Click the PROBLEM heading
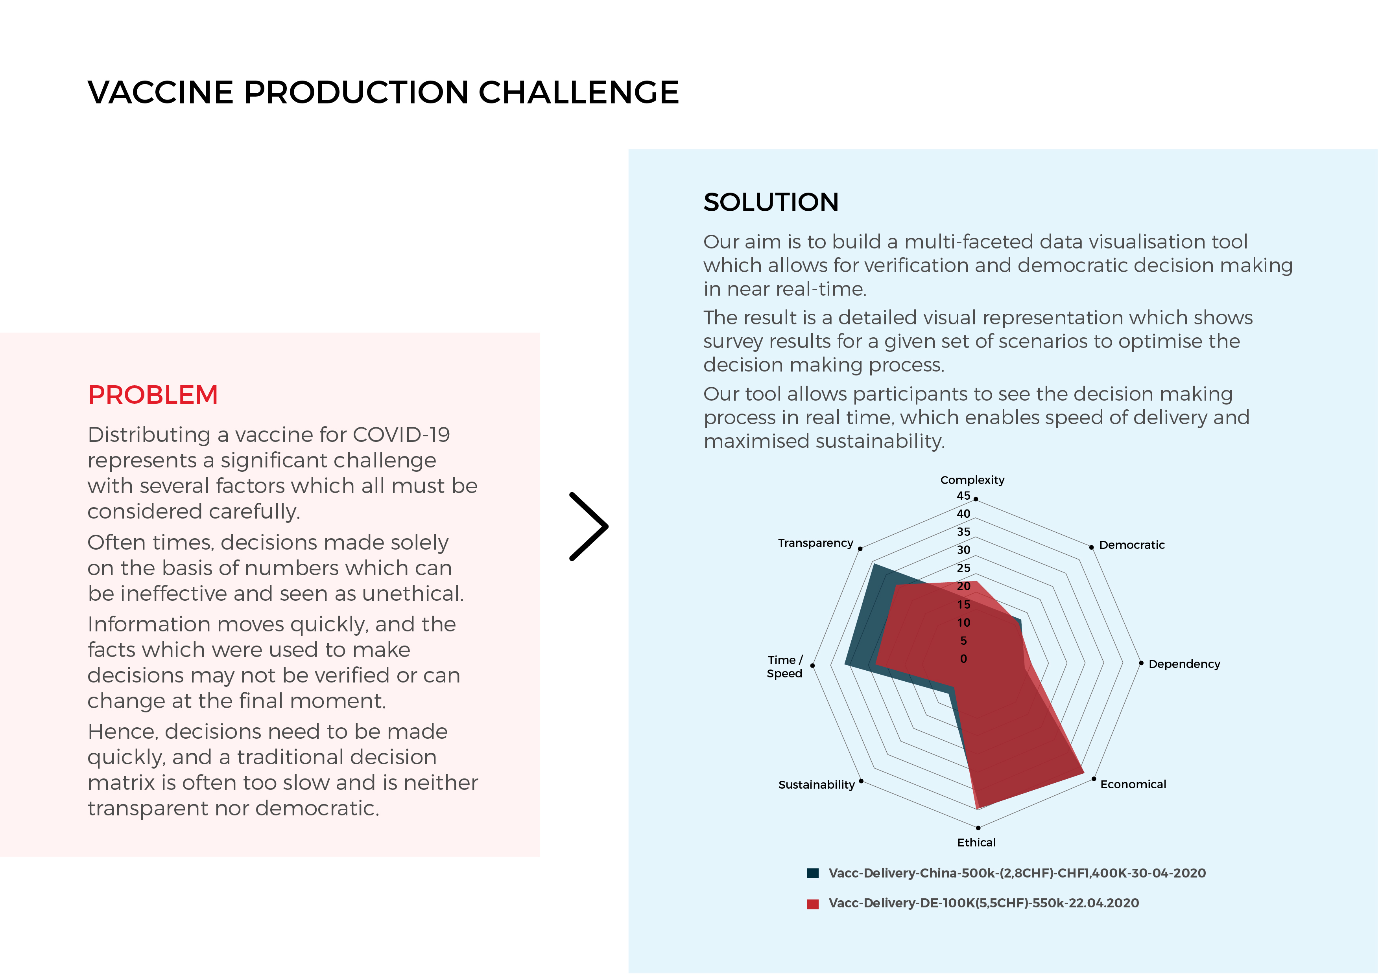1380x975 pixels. [153, 395]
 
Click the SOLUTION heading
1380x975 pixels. [771, 202]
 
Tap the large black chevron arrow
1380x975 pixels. [589, 527]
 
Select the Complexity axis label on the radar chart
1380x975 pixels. [972, 480]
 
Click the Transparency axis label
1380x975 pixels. [815, 543]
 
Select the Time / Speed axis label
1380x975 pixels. [784, 667]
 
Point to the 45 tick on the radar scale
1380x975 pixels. [963, 496]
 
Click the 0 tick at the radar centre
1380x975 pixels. [963, 659]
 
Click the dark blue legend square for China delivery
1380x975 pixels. [813, 874]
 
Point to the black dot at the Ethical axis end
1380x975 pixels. [978, 828]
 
